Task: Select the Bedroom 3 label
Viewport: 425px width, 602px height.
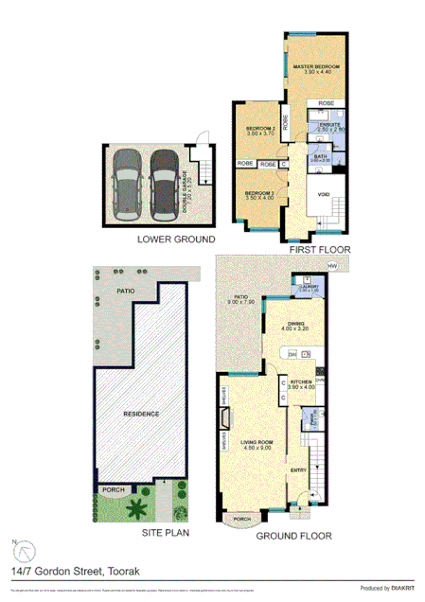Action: (x=259, y=193)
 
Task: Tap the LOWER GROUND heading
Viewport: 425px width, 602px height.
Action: (x=175, y=239)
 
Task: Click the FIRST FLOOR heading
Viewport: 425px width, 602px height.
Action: (x=320, y=249)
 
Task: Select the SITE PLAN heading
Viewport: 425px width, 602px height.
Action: (x=165, y=534)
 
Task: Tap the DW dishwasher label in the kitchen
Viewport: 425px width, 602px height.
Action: (x=292, y=353)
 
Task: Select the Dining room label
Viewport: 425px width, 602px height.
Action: (x=292, y=323)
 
